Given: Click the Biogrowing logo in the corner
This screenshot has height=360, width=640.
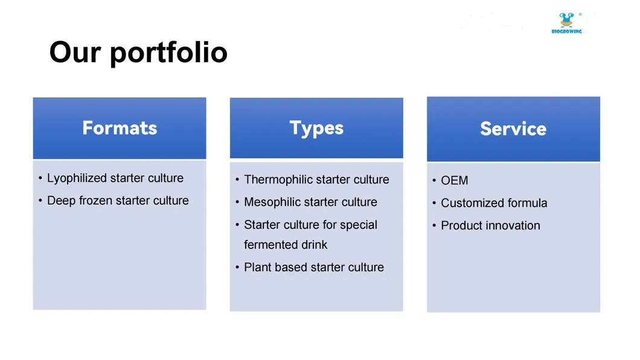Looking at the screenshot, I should (566, 23).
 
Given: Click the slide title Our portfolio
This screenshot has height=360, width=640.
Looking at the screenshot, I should (138, 52).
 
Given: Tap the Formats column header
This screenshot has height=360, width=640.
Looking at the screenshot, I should (120, 128).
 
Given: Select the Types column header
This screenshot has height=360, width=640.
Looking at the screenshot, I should (316, 128).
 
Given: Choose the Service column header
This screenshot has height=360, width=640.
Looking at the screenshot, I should (513, 129).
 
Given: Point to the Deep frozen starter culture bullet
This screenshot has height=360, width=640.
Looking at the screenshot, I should (118, 201).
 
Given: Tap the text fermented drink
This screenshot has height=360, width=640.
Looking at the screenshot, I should (286, 245).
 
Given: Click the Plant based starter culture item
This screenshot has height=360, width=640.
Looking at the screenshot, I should (313, 267).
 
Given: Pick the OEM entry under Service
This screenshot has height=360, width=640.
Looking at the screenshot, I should (454, 181).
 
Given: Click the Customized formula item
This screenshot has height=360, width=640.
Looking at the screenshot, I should (494, 203).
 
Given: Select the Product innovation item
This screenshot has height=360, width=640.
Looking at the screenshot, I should (490, 225).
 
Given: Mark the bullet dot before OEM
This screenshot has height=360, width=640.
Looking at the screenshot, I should (434, 181).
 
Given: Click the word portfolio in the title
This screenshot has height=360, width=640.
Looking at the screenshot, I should (169, 52).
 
